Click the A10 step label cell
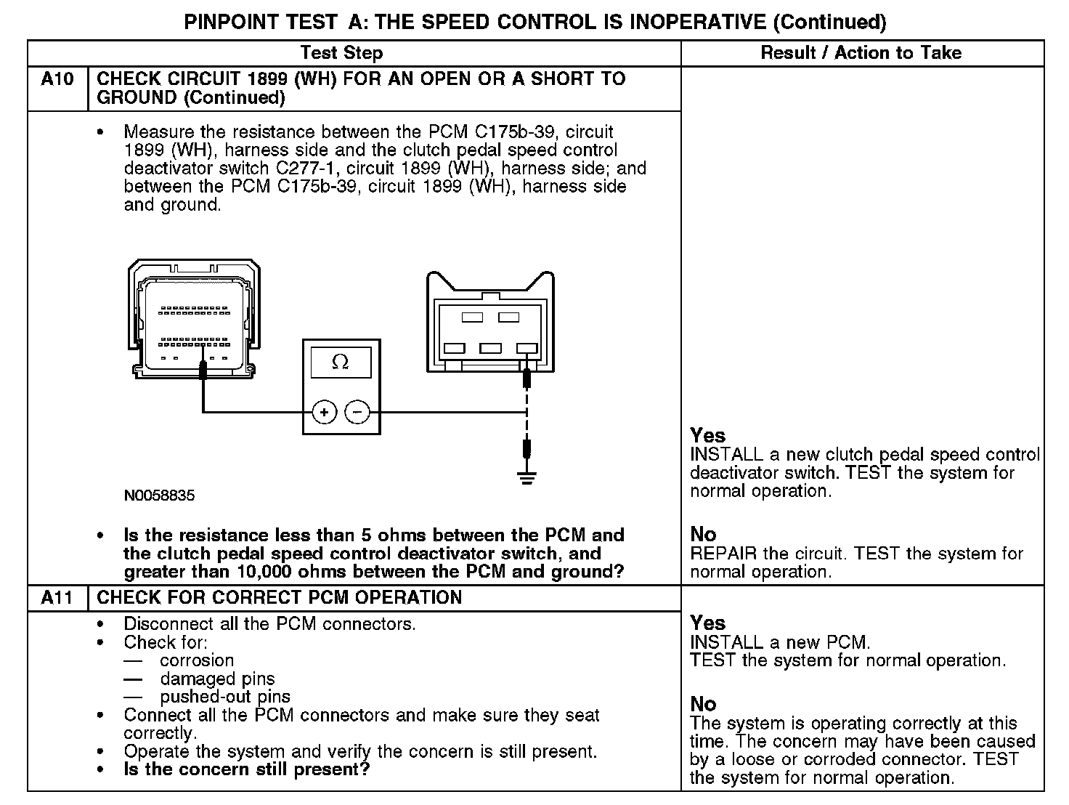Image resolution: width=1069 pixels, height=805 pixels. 57,79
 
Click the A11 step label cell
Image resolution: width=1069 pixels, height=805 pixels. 57,598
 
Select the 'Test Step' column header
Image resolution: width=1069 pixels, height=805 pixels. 341,52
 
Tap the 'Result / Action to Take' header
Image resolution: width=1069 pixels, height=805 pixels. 861,52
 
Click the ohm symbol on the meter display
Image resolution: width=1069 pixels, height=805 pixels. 340,362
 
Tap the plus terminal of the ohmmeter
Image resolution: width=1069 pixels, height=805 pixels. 324,413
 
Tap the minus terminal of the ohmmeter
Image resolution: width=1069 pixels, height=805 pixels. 357,413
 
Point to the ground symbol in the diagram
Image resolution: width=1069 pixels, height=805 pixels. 527,478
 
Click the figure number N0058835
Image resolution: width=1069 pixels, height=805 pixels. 159,496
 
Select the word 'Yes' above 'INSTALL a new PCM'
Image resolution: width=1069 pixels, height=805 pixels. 708,623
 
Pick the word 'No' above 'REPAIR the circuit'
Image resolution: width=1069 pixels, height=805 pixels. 703,535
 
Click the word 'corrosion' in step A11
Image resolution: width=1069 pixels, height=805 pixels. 197,660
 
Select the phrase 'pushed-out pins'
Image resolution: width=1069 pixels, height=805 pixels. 225,697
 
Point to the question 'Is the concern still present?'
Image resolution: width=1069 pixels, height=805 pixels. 247,769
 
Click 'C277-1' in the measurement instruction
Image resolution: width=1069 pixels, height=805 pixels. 304,169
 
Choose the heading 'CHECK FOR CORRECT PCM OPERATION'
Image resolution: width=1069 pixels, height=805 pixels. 280,598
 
